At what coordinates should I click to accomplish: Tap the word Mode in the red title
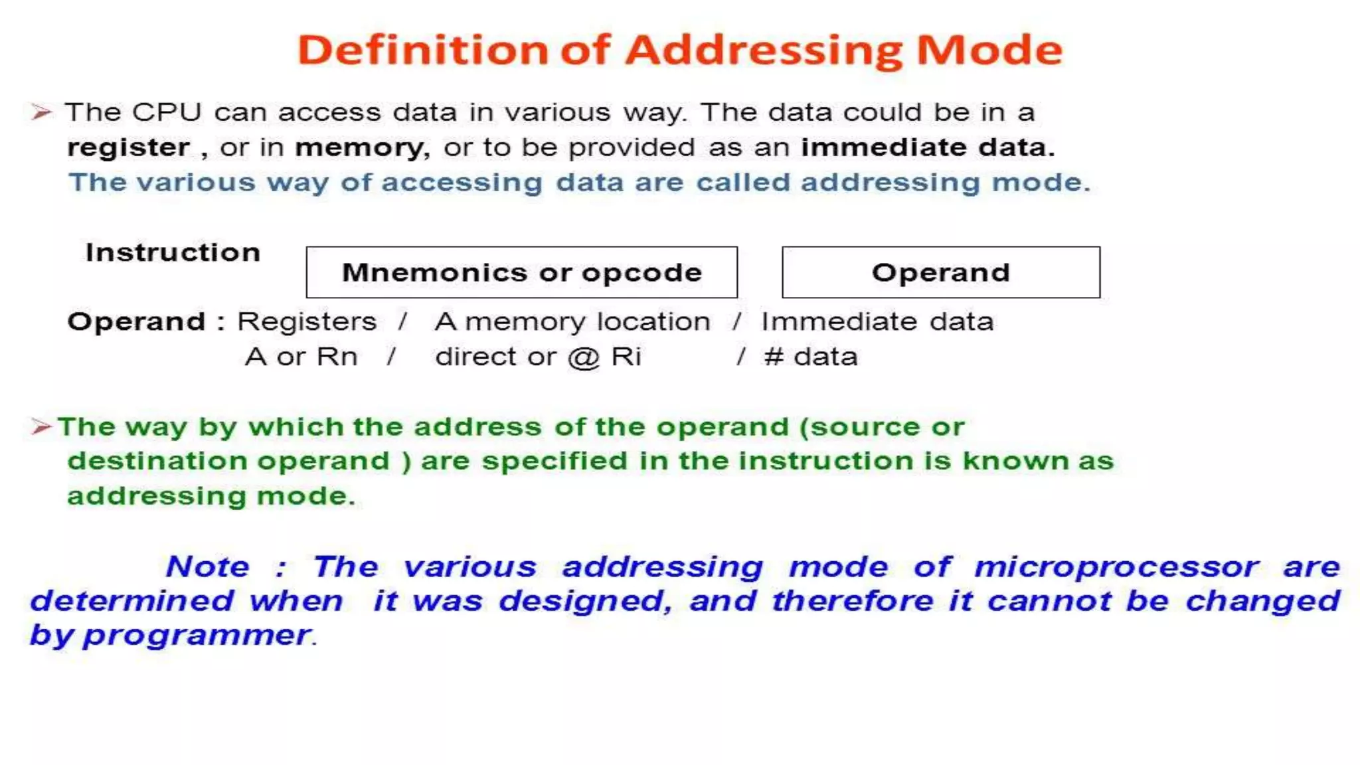coord(989,50)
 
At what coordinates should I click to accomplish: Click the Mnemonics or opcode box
coord(521,272)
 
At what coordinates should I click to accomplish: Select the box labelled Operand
coord(940,272)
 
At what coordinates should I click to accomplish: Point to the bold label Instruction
coord(173,253)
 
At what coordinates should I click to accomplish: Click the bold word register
coord(128,147)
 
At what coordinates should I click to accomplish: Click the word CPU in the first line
coord(166,112)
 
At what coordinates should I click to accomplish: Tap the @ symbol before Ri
coord(584,358)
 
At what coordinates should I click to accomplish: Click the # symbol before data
coord(774,357)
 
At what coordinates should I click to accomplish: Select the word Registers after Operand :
coord(307,322)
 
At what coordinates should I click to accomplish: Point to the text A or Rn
coord(301,357)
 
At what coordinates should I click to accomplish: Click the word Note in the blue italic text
coord(207,567)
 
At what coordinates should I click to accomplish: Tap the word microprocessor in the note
coord(1116,567)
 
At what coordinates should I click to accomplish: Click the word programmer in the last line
coord(197,636)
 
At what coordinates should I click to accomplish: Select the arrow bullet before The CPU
coord(41,112)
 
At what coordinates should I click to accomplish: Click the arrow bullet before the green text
coord(41,426)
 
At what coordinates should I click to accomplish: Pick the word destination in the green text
coord(161,462)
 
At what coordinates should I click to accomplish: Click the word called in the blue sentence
coord(742,183)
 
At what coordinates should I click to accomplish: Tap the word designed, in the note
coord(585,602)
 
